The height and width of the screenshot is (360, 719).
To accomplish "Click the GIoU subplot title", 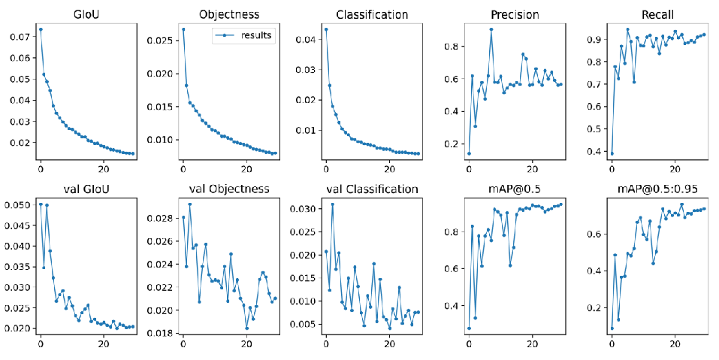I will click(88, 15).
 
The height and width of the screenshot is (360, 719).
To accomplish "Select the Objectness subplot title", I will click(230, 15).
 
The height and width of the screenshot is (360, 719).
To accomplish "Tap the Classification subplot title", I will click(372, 15).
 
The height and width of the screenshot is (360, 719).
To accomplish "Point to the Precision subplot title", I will click(515, 15).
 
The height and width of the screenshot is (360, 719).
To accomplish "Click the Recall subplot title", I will click(657, 15).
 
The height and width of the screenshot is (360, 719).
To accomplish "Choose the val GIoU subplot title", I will click(88, 189).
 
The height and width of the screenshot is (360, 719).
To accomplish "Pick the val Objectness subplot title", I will click(230, 189).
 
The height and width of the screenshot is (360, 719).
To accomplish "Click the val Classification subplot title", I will click(372, 189).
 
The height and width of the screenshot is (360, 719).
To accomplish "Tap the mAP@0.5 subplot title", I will click(515, 189).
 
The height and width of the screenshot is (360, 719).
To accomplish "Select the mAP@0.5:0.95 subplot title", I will click(657, 189).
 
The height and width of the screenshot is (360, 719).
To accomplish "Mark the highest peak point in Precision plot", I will click(491, 29).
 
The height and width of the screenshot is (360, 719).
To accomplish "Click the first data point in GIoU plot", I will click(41, 29).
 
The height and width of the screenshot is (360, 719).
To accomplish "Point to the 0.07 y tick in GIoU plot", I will click(20, 36).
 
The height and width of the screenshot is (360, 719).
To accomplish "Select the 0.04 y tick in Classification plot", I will click(304, 39).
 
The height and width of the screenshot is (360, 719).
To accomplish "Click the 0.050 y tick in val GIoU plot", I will click(17, 204).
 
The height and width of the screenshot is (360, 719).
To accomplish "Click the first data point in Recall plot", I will click(612, 153).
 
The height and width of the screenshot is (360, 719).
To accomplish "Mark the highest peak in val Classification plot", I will click(332, 204).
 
